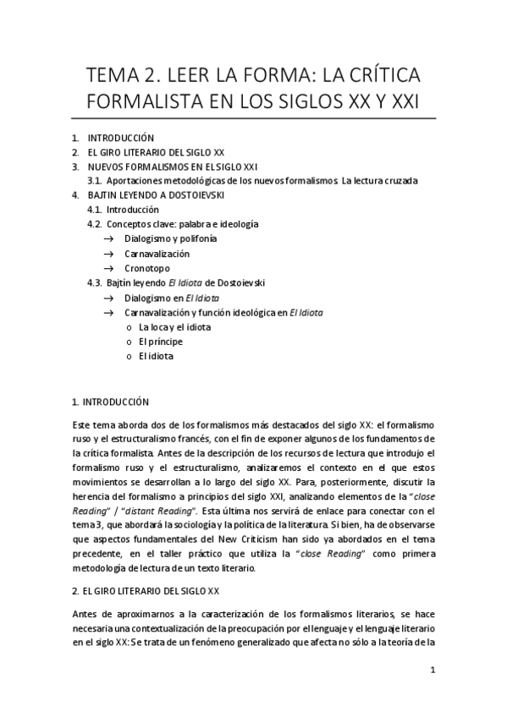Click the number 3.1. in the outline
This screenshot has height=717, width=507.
pyautogui.click(x=95, y=180)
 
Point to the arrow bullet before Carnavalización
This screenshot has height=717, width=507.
pyautogui.click(x=108, y=254)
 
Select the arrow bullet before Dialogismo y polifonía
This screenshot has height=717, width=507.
pyautogui.click(x=108, y=239)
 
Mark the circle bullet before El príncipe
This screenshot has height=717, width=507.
pyautogui.click(x=129, y=342)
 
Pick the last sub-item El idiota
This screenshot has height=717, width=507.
pyautogui.click(x=157, y=356)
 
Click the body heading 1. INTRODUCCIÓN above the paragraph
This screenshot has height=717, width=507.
pyautogui.click(x=110, y=402)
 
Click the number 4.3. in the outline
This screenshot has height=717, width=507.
pyautogui.click(x=96, y=282)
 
